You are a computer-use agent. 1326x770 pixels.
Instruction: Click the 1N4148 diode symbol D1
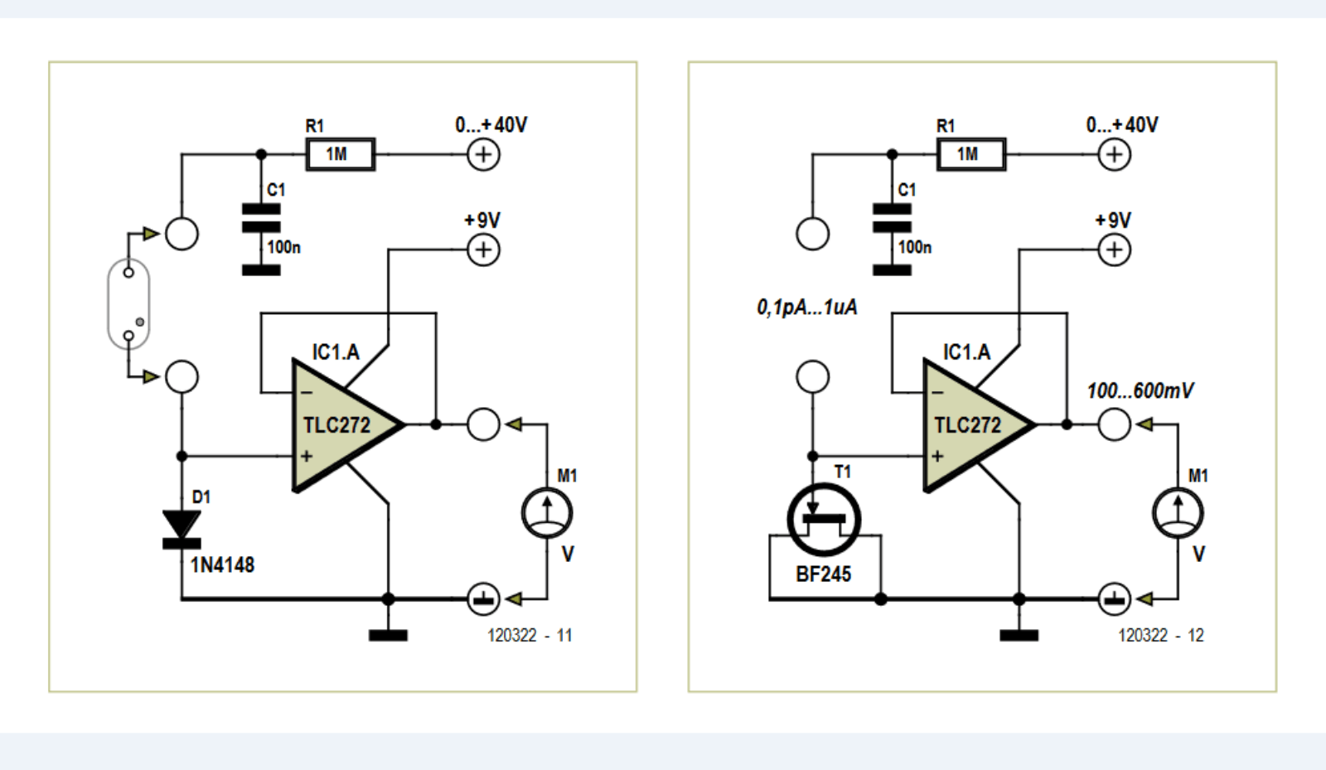pyautogui.click(x=181, y=529)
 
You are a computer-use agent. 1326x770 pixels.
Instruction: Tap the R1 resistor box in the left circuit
pyautogui.click(x=340, y=154)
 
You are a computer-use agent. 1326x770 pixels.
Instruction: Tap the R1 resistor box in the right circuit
pyautogui.click(x=970, y=154)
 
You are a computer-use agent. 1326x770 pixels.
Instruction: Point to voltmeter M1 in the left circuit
pyautogui.click(x=547, y=513)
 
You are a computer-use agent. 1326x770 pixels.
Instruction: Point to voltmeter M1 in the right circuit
pyautogui.click(x=1178, y=513)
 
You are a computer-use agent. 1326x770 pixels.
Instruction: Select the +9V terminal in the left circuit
pyautogui.click(x=483, y=249)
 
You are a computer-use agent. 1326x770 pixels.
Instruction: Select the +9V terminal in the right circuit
pyautogui.click(x=1114, y=249)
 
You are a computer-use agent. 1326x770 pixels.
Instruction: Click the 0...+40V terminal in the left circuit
pyautogui.click(x=483, y=154)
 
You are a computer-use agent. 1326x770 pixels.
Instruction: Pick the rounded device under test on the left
pyautogui.click(x=128, y=304)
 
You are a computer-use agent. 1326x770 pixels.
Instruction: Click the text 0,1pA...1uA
pyautogui.click(x=806, y=308)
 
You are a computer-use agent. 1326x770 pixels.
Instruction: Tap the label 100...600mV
pyautogui.click(x=1140, y=390)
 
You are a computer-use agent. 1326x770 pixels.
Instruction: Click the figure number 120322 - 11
pyautogui.click(x=530, y=636)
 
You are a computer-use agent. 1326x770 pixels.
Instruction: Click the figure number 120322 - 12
pyautogui.click(x=1160, y=636)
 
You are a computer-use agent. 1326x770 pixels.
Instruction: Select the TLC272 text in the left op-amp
pyautogui.click(x=336, y=425)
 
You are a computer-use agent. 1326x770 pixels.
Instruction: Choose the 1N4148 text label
pyautogui.click(x=222, y=565)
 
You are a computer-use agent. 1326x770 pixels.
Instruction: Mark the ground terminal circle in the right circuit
pyautogui.click(x=1114, y=598)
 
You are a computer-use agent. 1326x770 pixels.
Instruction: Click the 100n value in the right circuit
pyautogui.click(x=914, y=247)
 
